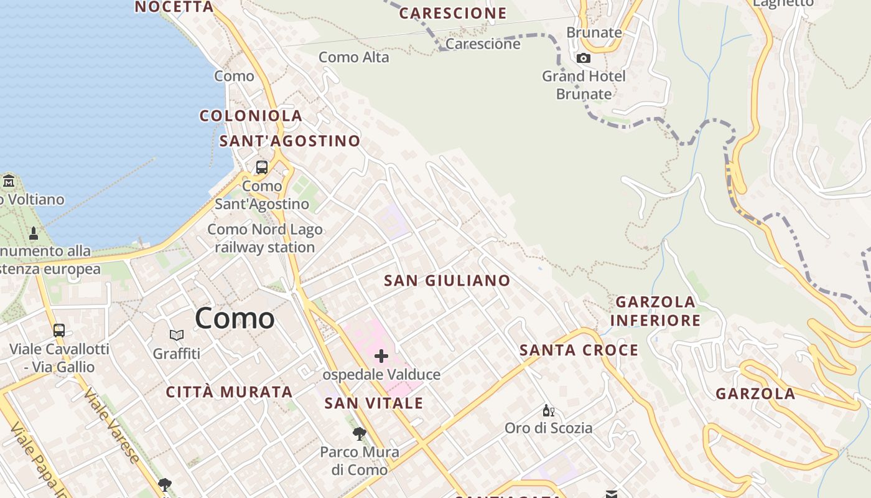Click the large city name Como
[235, 318]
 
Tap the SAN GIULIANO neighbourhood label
[447, 281]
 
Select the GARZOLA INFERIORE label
[655, 311]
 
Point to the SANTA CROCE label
[579, 350]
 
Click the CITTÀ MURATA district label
[229, 392]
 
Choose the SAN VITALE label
[373, 403]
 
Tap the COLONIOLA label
[251, 116]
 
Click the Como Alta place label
[353, 57]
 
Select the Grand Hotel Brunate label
[584, 85]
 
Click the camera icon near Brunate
[583, 59]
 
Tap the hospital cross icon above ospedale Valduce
[381, 356]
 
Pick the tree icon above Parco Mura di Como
[359, 434]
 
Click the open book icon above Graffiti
[177, 336]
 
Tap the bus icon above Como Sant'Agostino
[261, 167]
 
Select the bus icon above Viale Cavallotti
[59, 331]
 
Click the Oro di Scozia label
[548, 428]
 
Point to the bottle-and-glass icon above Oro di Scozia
[548, 411]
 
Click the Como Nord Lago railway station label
[264, 238]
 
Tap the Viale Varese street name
[111, 426]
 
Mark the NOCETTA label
[174, 7]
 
